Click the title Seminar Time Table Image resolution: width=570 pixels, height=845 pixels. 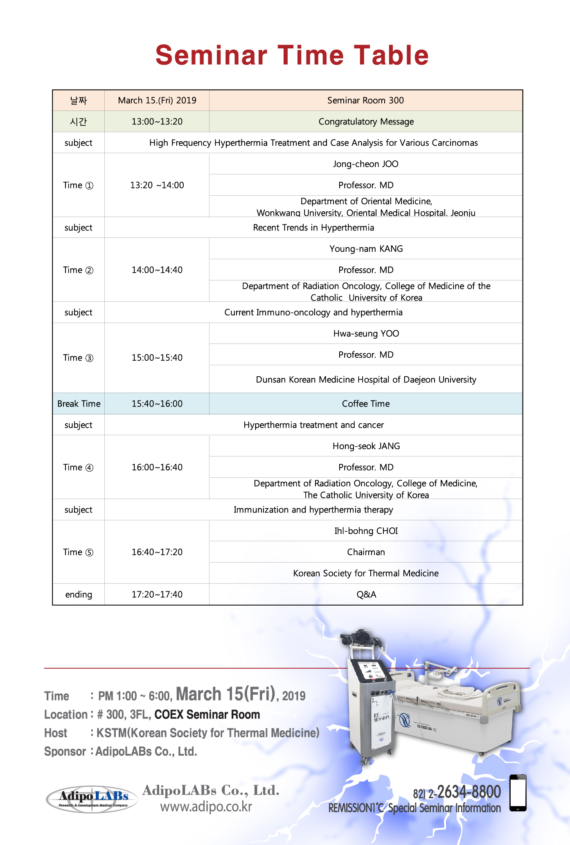[x=292, y=55]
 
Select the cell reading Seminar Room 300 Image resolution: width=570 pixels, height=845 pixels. [x=365, y=100]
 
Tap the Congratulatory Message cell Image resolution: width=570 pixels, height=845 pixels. [x=366, y=122]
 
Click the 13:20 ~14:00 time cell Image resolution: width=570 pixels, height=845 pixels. [x=157, y=185]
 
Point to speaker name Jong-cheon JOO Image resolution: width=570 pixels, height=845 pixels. [x=365, y=164]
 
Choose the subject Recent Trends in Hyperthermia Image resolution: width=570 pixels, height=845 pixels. [x=313, y=228]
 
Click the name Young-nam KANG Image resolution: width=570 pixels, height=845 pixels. [x=366, y=249]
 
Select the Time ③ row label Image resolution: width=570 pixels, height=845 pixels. [x=78, y=358]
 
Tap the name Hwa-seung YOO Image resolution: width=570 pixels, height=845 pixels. [x=366, y=334]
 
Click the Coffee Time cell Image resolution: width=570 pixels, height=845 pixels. [x=366, y=404]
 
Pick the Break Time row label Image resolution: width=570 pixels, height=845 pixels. [x=79, y=404]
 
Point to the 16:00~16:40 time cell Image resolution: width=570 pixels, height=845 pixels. [x=157, y=467]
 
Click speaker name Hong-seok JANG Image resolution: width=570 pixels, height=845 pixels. [x=366, y=446]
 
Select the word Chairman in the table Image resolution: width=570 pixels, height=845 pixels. [x=366, y=552]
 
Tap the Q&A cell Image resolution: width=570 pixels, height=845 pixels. [x=366, y=594]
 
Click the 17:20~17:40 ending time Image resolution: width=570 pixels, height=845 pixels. [x=157, y=594]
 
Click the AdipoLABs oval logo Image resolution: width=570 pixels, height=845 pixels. [x=92, y=798]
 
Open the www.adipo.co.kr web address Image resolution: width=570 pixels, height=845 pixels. [x=206, y=807]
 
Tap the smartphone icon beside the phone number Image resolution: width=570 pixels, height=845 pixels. [x=518, y=793]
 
